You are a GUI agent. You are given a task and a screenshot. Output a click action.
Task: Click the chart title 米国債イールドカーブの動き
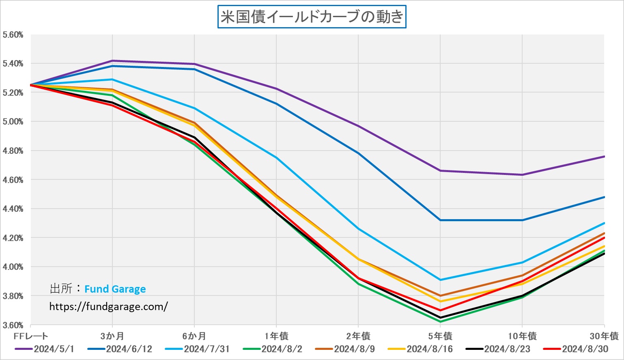tap(312, 17)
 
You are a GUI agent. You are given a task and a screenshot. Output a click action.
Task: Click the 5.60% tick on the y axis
tap(13, 35)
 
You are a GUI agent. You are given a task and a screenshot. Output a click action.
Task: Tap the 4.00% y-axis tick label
tap(13, 267)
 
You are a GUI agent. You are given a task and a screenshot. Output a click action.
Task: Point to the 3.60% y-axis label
tap(13, 325)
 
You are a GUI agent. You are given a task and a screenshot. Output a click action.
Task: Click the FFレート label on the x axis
tap(31, 336)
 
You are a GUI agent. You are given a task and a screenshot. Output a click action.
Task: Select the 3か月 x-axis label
tap(112, 336)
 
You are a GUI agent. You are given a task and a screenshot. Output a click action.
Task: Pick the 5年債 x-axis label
tap(440, 336)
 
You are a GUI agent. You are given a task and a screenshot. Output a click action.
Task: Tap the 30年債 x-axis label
tap(604, 336)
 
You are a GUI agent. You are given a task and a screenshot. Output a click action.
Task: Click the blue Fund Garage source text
tap(115, 289)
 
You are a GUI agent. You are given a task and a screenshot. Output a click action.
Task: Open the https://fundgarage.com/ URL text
tap(108, 306)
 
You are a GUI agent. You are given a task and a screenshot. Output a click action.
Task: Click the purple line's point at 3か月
tap(112, 61)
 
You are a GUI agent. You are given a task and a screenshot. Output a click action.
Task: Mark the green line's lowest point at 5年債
tap(441, 321)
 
